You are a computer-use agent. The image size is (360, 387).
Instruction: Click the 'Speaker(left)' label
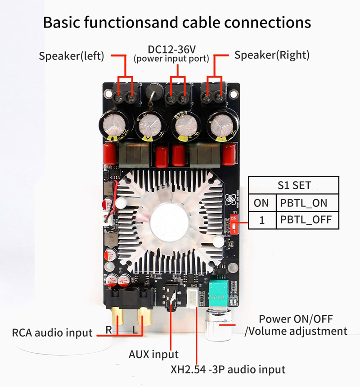(x=72, y=56)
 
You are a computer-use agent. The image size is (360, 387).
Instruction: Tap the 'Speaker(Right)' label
(x=272, y=55)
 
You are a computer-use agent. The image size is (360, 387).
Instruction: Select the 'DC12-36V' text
(x=171, y=50)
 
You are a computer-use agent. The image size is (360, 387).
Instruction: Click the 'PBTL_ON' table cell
(x=307, y=203)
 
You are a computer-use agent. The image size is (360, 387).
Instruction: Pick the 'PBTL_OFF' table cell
(x=307, y=220)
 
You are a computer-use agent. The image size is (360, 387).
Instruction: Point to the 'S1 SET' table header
(x=294, y=185)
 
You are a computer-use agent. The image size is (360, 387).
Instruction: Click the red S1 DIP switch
(x=234, y=224)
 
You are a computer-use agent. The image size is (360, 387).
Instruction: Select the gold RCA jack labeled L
(x=144, y=316)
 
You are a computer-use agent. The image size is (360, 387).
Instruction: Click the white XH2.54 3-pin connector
(x=193, y=298)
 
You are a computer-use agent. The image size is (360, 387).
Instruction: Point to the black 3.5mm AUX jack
(x=171, y=298)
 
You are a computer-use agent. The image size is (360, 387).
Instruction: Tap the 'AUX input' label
(x=153, y=355)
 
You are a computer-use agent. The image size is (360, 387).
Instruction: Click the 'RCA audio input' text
(x=52, y=332)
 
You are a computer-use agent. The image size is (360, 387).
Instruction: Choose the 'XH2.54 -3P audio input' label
(x=228, y=369)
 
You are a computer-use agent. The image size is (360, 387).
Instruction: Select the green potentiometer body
(x=218, y=294)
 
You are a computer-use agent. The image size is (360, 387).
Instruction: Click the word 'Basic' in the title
(x=62, y=22)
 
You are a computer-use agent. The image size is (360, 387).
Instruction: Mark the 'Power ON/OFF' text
(x=296, y=319)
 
